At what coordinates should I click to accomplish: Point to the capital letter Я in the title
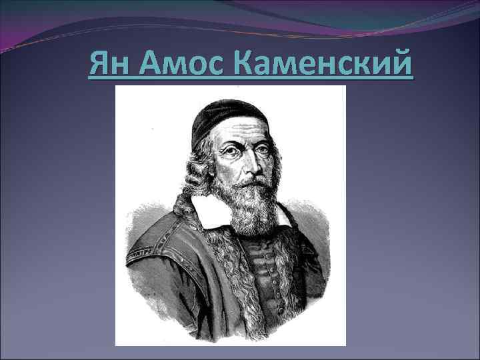[98, 65]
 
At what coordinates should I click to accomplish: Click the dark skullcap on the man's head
[227, 117]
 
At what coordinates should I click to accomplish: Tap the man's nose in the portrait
[248, 163]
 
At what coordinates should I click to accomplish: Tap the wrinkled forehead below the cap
[243, 133]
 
